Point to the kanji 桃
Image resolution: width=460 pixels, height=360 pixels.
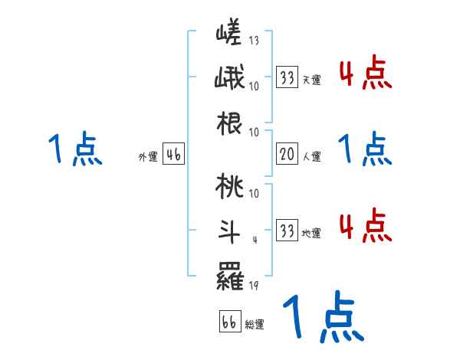229,185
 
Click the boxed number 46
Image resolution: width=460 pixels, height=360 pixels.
173,155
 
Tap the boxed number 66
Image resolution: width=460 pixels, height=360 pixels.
229,322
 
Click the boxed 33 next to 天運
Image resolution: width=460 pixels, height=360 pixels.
287,77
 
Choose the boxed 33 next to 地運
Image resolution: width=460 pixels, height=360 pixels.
287,231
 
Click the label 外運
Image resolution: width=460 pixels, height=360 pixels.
148,157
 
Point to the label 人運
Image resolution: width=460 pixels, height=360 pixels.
312,157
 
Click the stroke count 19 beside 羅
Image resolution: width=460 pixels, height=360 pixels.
255,286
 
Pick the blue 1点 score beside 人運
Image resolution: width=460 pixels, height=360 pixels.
365,148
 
